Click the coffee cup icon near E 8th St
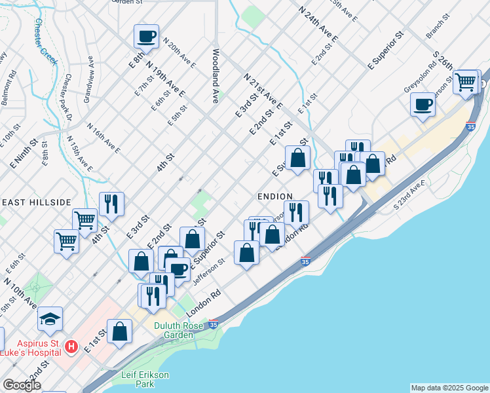[x=147, y=35]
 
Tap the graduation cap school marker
[x=50, y=319]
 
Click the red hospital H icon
[x=72, y=345]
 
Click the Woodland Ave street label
[x=215, y=75]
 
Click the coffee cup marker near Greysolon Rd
[x=423, y=103]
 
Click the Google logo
[x=22, y=386]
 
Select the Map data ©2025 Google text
[x=449, y=388]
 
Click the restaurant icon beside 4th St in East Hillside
[x=111, y=204]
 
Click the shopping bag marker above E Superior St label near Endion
[x=297, y=158]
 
